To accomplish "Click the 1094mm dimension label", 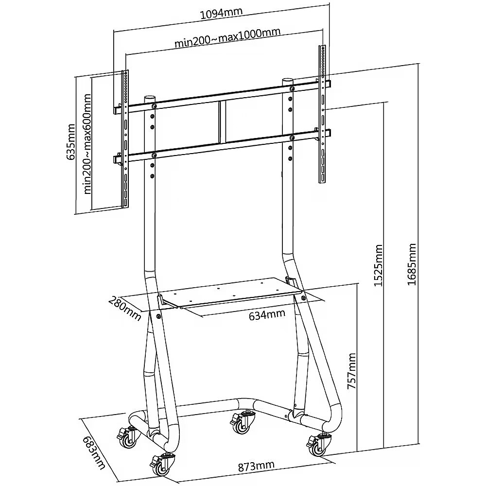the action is [221, 13].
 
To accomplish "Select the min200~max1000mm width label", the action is [227, 37].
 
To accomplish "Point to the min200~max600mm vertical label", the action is [87, 144].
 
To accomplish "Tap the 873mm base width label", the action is [256, 466].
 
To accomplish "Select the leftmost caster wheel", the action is [128, 436].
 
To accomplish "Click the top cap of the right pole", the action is [288, 80].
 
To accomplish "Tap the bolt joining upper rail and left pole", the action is [154, 106].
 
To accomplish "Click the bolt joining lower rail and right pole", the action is [292, 138].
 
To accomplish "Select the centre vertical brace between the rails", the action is [222, 122].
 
